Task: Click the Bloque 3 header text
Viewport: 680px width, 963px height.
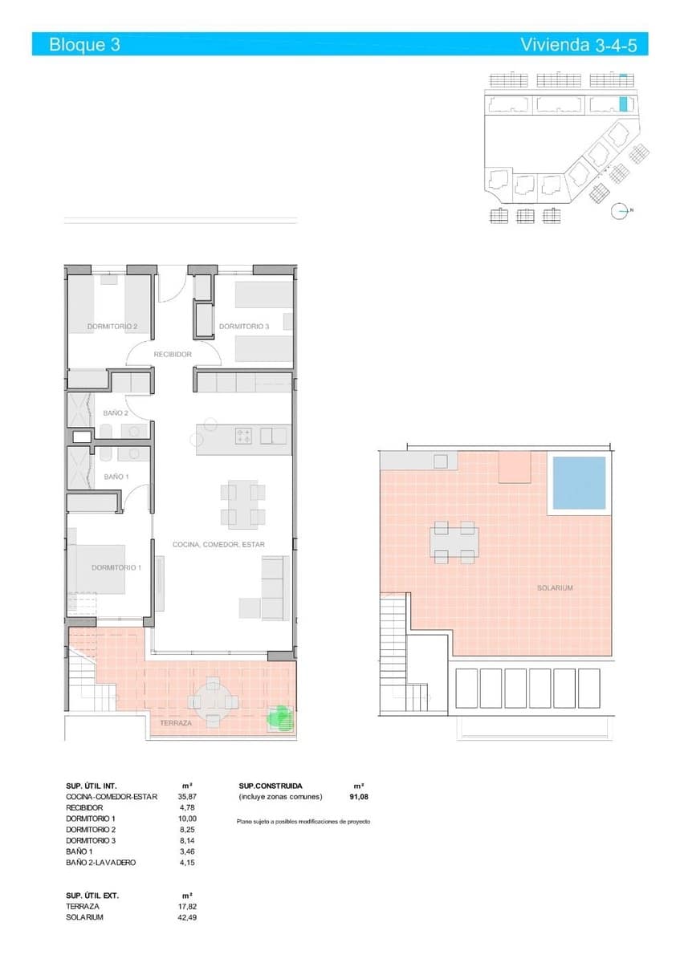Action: (x=84, y=45)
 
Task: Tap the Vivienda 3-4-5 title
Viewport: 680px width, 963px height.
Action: (x=578, y=45)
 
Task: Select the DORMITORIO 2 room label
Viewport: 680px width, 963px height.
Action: (x=112, y=327)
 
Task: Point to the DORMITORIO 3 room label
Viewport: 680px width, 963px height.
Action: (x=244, y=327)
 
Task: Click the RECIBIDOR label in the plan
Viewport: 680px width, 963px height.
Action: (x=173, y=354)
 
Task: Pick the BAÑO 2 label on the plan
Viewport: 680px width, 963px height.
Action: (x=116, y=413)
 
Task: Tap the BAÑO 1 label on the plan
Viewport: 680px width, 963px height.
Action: (x=116, y=477)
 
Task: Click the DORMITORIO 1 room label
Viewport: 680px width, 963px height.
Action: (x=116, y=567)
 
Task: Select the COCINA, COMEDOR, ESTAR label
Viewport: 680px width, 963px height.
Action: (x=218, y=544)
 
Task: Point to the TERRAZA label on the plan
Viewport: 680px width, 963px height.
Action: (x=176, y=723)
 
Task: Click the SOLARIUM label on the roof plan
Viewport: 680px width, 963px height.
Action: (x=555, y=588)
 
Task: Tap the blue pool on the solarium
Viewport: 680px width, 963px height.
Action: (x=578, y=483)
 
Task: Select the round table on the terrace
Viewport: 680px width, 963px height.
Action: (x=213, y=701)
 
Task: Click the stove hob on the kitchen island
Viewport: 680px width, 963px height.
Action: (x=244, y=436)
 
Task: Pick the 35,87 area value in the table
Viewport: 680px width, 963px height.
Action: (x=186, y=797)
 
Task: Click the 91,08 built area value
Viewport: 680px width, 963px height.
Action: (x=358, y=797)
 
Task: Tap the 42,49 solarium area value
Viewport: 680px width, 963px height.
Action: (x=186, y=917)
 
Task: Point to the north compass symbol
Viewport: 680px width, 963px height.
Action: (x=619, y=211)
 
